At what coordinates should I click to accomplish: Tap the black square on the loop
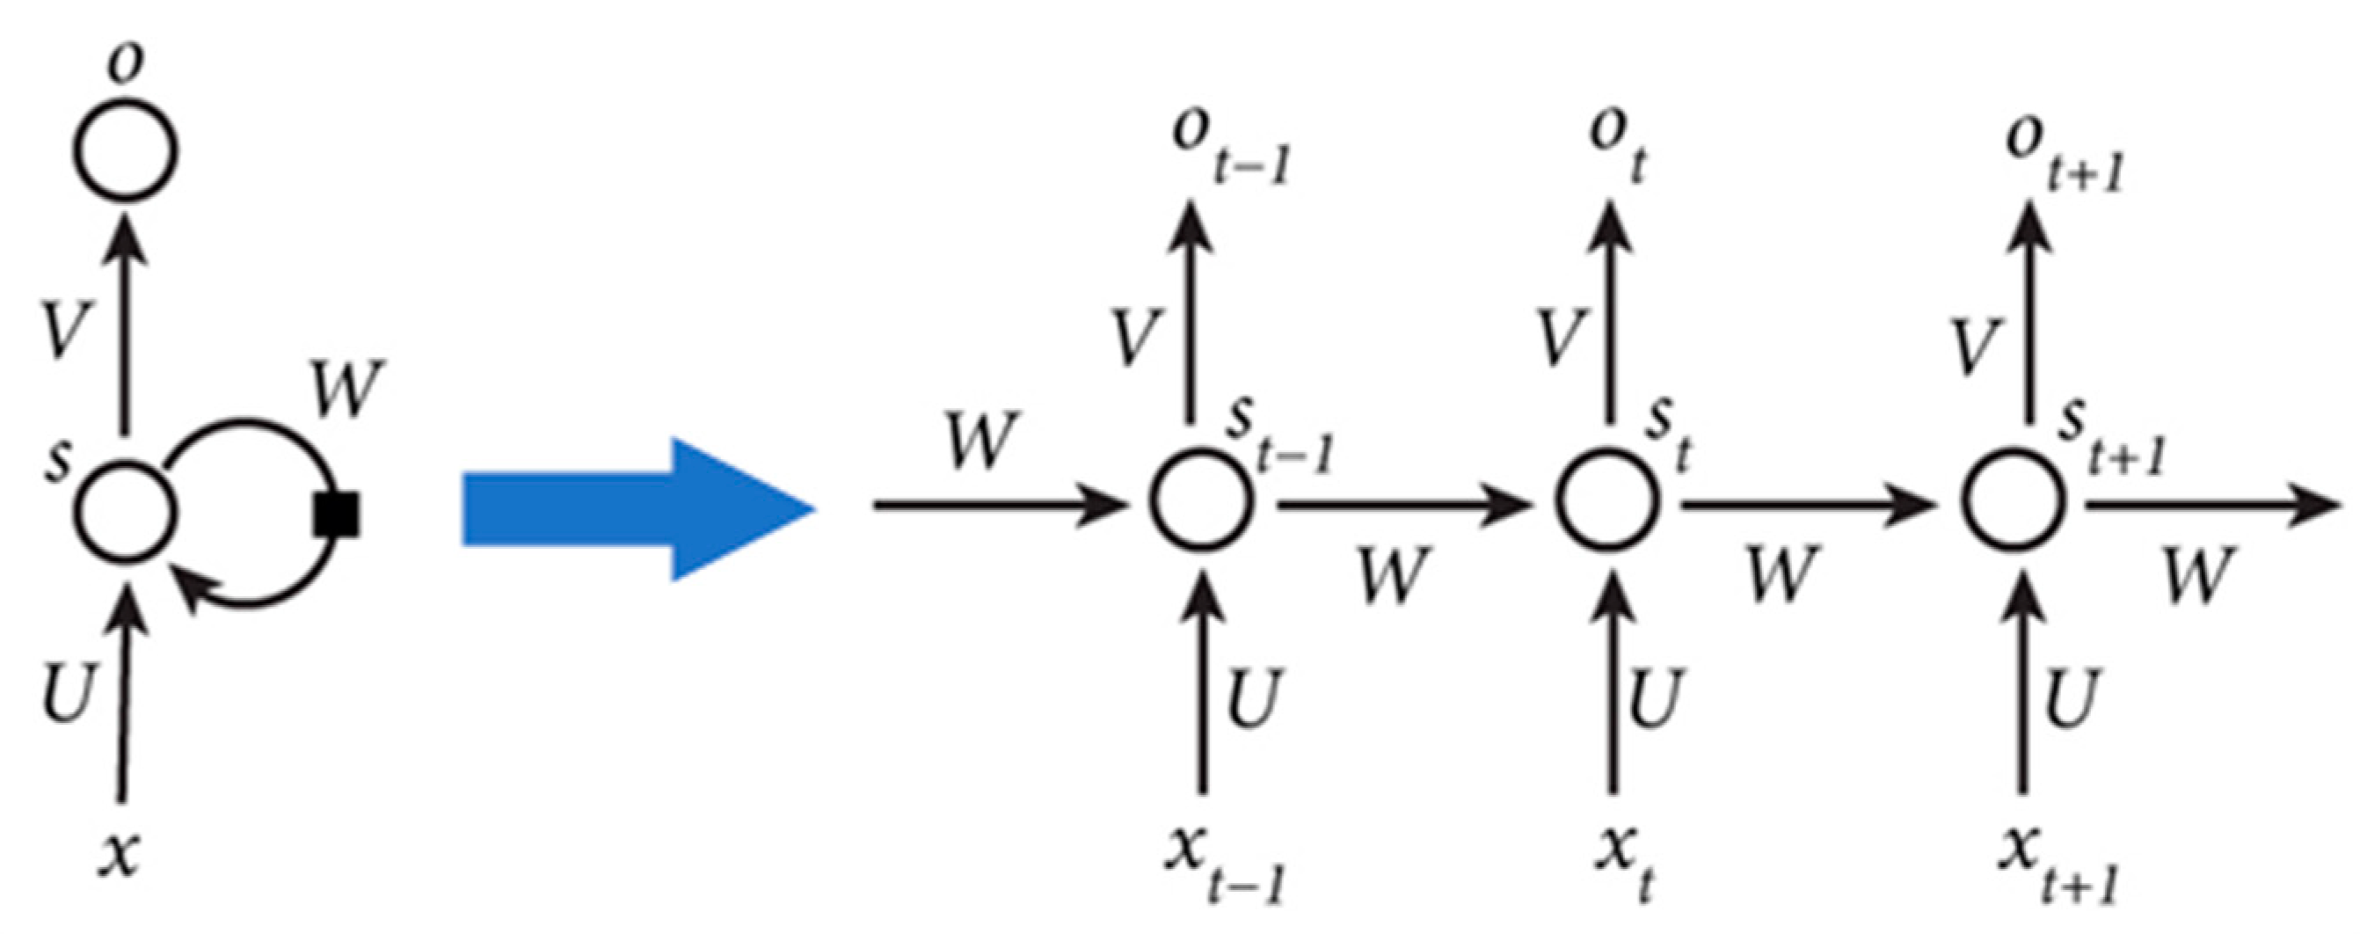(336, 514)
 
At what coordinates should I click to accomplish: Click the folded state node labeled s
(126, 509)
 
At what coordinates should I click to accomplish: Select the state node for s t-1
(1201, 500)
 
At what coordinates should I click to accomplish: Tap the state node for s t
(1608, 500)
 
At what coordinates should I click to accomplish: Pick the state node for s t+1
(2014, 500)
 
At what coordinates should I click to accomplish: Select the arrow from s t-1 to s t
(1402, 503)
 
